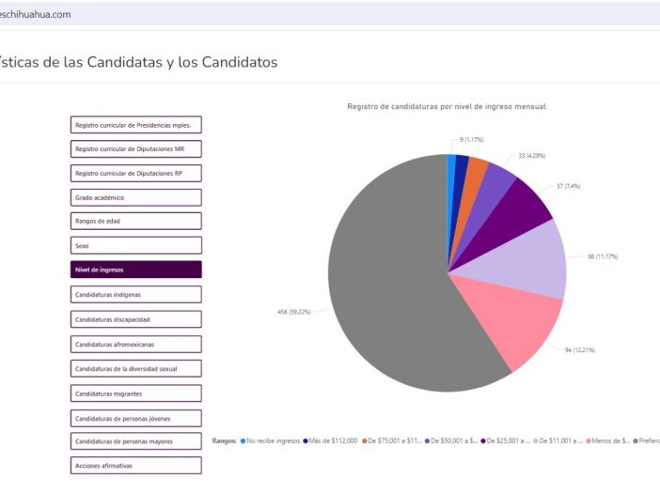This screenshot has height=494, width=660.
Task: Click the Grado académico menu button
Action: point(135,197)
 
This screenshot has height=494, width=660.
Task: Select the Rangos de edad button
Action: point(135,221)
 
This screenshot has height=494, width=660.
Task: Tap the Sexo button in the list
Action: point(135,245)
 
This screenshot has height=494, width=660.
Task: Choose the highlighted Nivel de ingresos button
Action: point(135,270)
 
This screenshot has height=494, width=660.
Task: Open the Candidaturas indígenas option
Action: point(135,294)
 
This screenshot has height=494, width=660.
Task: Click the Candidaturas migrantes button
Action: point(135,393)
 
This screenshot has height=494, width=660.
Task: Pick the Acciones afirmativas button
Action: point(135,465)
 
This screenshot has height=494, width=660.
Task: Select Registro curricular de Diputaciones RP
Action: point(135,173)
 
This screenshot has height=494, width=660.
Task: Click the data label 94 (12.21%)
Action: point(579,349)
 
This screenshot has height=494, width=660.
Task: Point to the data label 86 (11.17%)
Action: point(602,255)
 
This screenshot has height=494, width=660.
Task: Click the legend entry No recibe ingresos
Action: point(273,440)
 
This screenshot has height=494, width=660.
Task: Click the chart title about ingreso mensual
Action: point(447,106)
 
